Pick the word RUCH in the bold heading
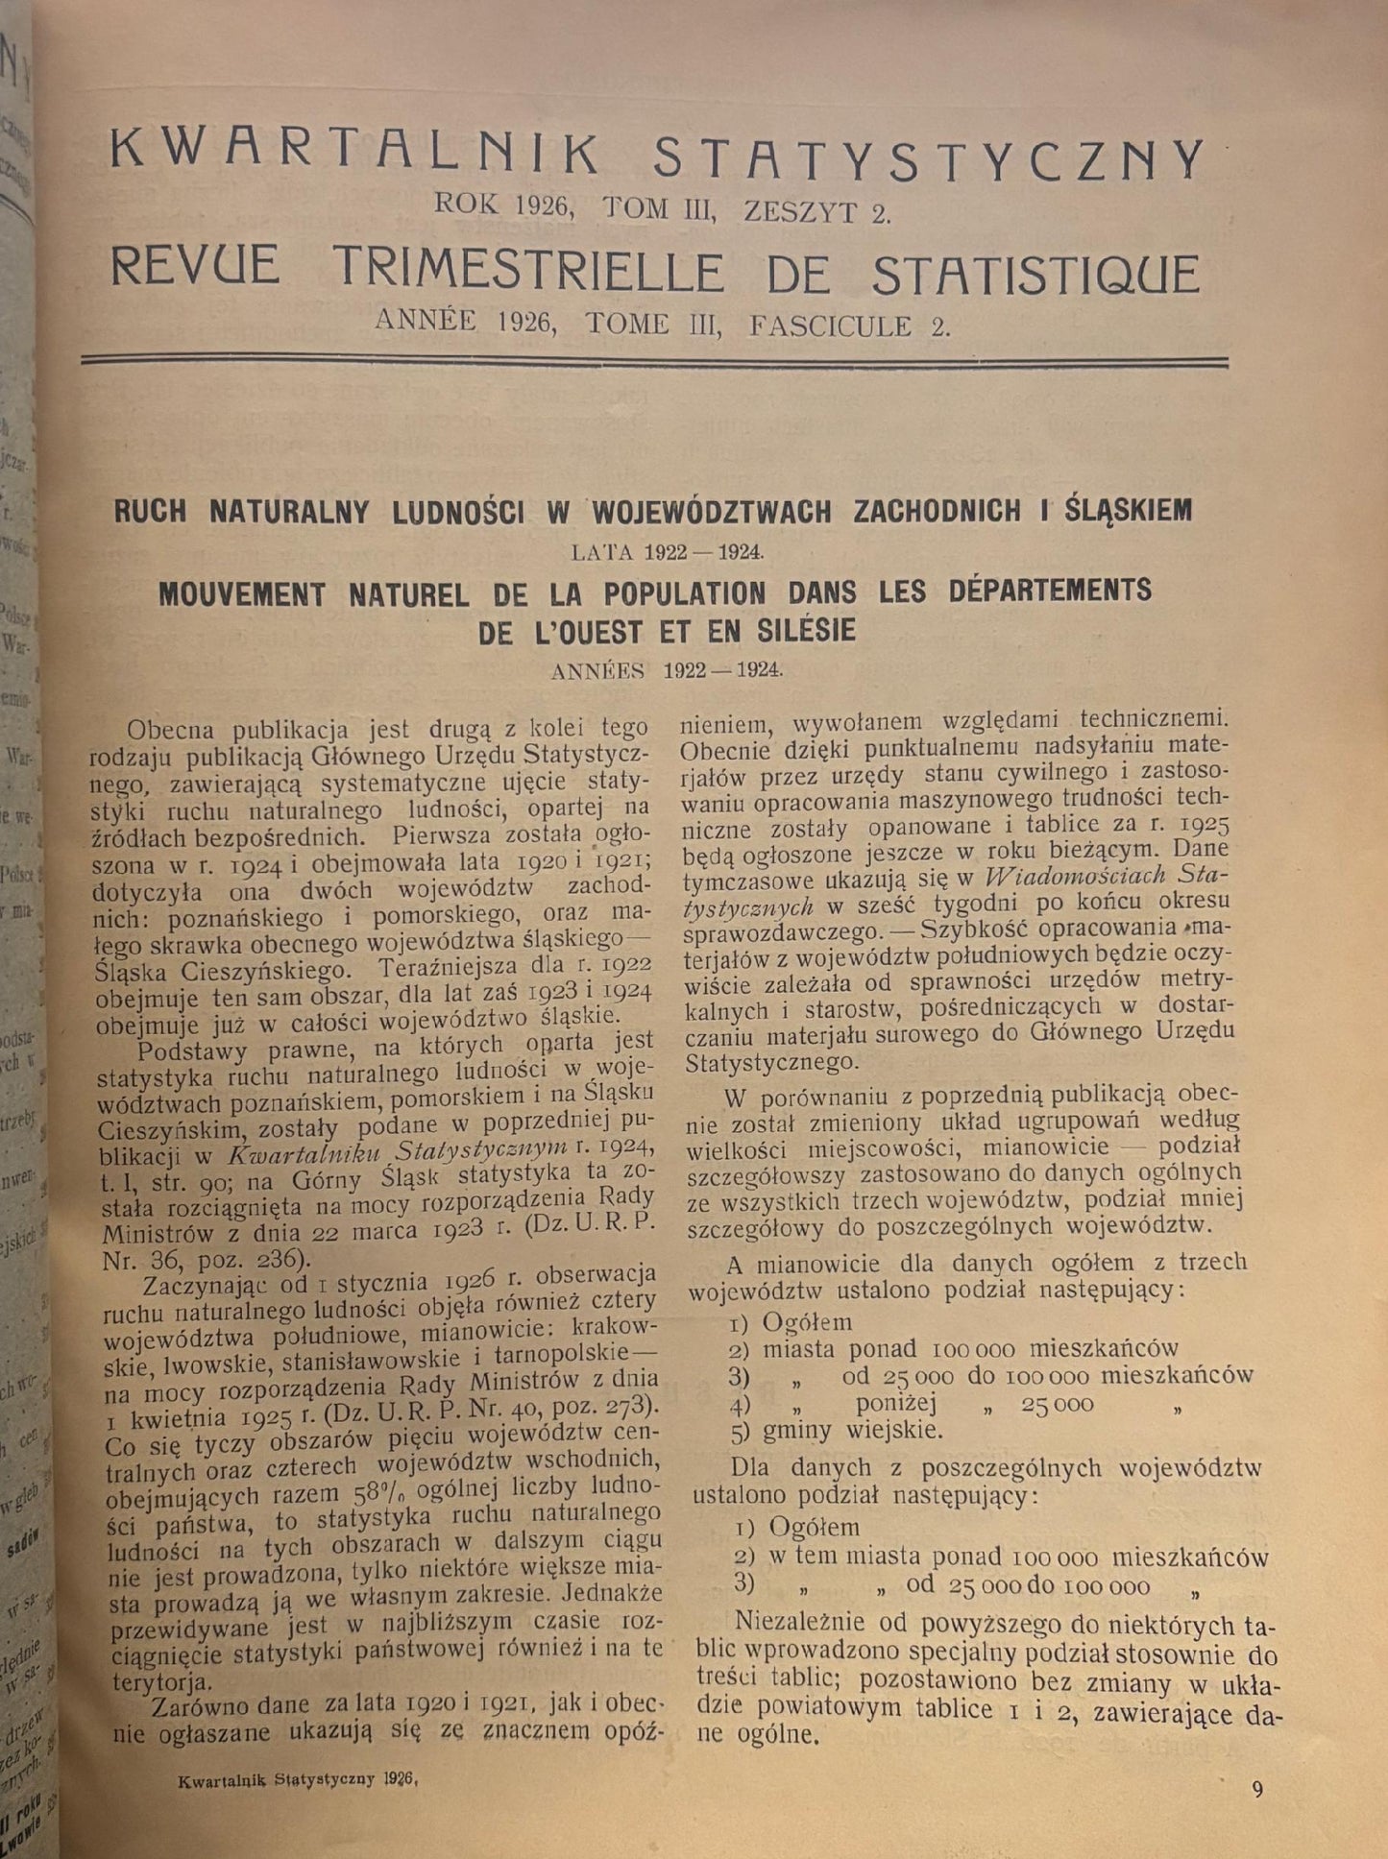(150, 511)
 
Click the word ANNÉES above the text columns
(598, 671)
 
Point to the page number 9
(1257, 1788)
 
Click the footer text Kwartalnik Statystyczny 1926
(296, 1776)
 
